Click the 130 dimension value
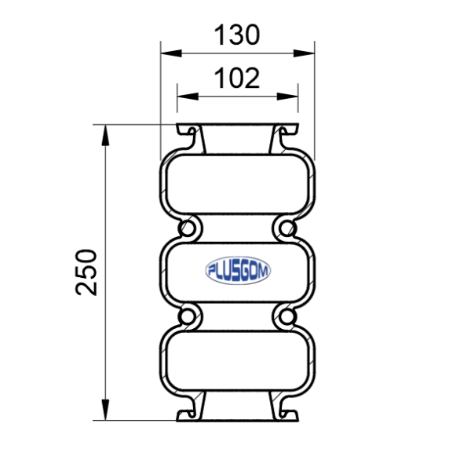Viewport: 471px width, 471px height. pos(237,35)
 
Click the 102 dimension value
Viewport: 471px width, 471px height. pos(237,78)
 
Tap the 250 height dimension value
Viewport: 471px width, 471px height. pos(86,272)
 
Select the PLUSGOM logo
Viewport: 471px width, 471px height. pos(238,270)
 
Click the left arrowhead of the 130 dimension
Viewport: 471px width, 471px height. pos(171,53)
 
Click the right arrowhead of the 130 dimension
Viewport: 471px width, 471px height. pos(304,53)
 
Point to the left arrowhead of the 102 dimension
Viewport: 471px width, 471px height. pos(188,97)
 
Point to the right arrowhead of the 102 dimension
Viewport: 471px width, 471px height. pos(287,97)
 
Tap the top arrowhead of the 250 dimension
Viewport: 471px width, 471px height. pos(105,135)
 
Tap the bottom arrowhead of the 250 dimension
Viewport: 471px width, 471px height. pos(105,410)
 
